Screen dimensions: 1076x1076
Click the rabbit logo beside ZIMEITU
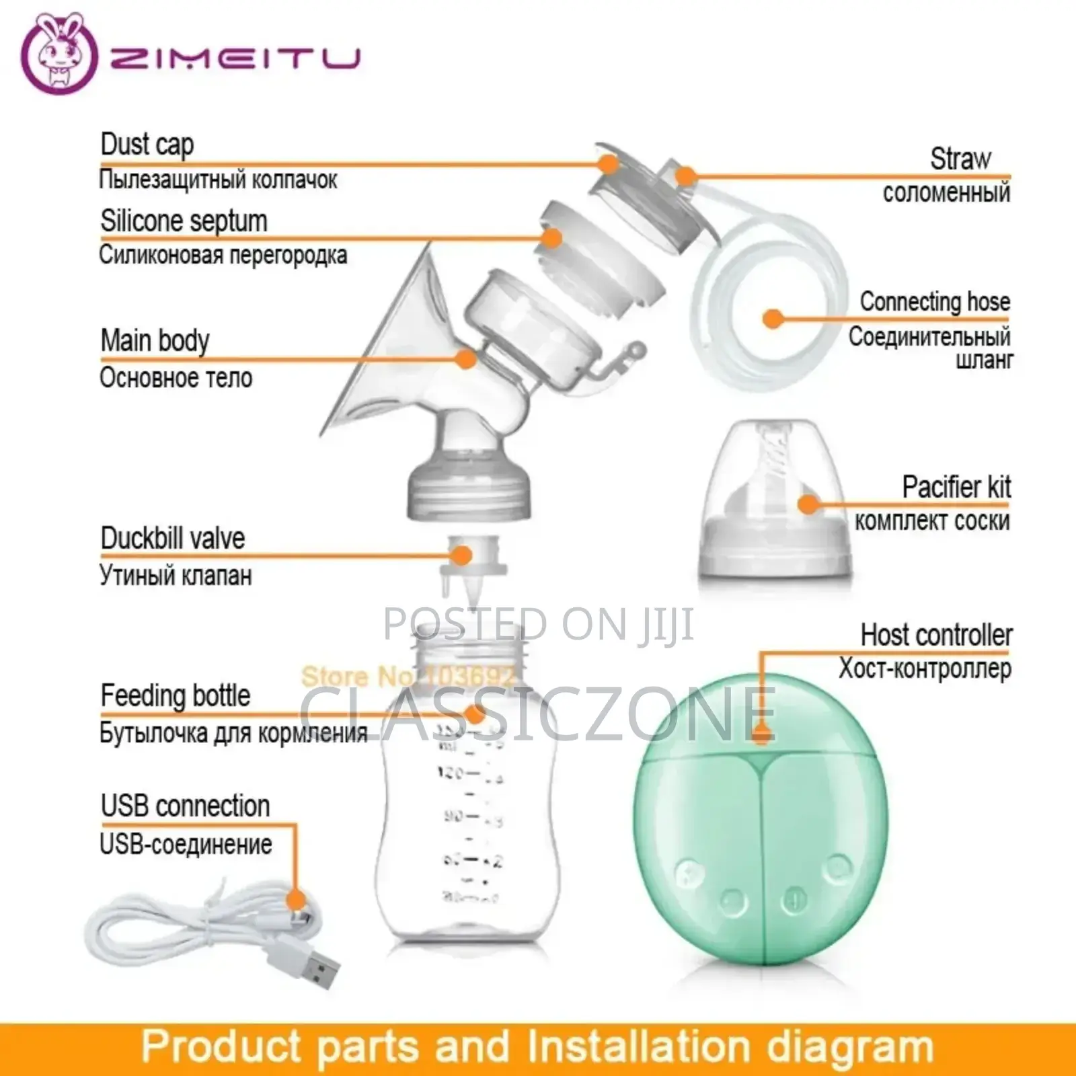click(60, 54)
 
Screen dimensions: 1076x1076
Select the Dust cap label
click(147, 145)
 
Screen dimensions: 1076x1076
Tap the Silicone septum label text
click(184, 221)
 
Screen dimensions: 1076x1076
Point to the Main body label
click(155, 340)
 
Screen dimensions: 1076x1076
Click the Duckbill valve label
click(172, 538)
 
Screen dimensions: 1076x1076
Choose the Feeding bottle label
click(175, 695)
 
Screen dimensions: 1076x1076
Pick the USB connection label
click(185, 806)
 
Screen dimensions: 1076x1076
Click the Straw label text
click(960, 159)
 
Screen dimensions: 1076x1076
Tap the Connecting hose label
click(935, 302)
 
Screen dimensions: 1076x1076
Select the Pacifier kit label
click(956, 487)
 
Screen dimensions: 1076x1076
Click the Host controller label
click(936, 635)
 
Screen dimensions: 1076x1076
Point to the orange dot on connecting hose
click(773, 319)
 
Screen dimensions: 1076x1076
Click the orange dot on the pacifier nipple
click(808, 504)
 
